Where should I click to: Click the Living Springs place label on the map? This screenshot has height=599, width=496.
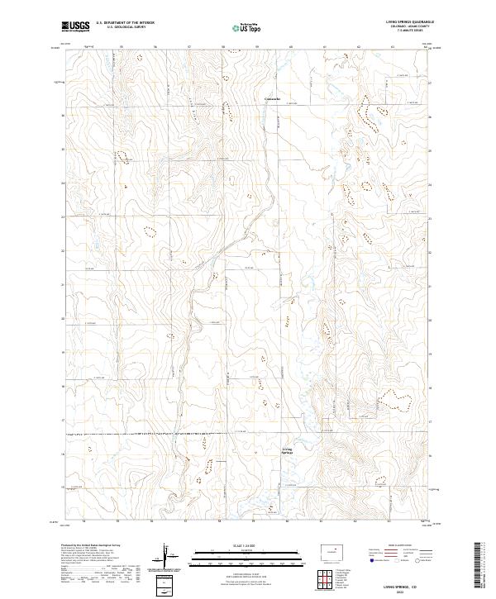[x=287, y=451]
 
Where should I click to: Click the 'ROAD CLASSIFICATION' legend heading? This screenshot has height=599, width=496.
[x=403, y=546]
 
